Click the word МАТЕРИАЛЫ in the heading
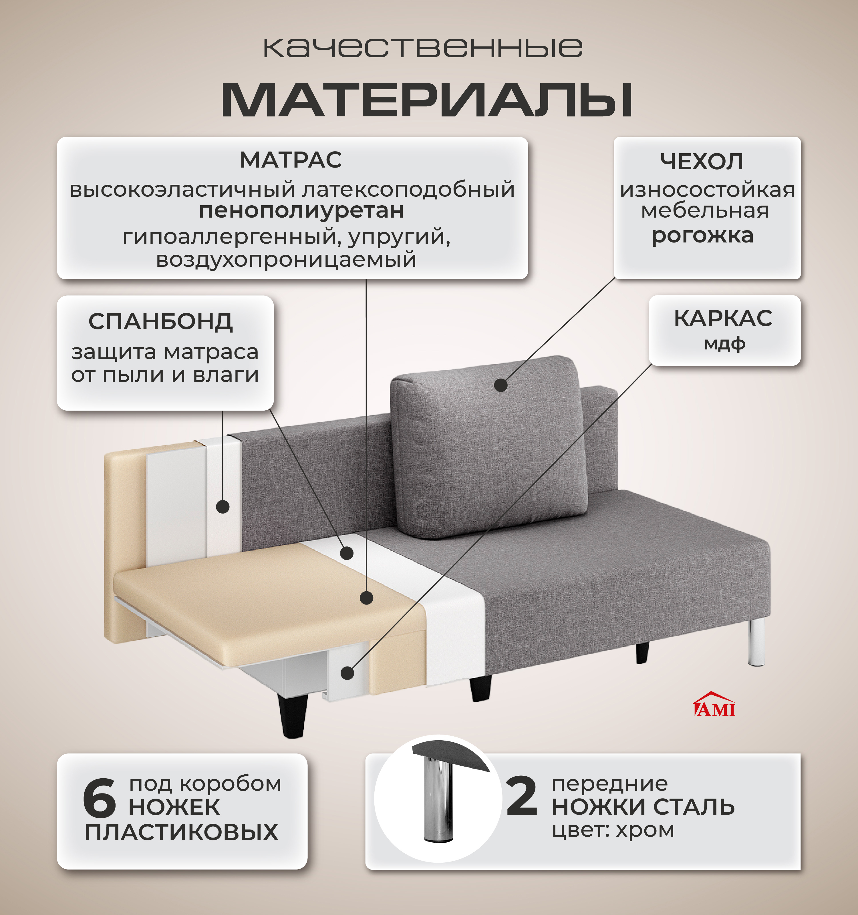[x=427, y=100]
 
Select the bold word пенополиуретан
[x=301, y=211]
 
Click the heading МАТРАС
[x=291, y=160]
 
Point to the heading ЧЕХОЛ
[x=702, y=162]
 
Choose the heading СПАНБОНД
[x=161, y=321]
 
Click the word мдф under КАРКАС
[x=724, y=343]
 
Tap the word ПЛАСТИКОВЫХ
[x=182, y=832]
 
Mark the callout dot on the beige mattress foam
[x=366, y=598]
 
